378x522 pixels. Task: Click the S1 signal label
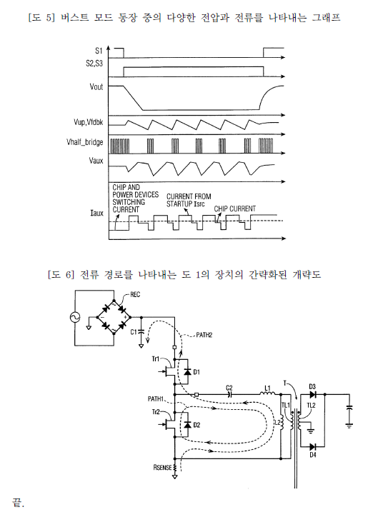pos(99,51)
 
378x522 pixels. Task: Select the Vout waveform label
pos(96,87)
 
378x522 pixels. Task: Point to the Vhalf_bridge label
pos(85,143)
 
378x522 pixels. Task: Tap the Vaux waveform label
pos(96,161)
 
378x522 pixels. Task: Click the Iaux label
pos(97,213)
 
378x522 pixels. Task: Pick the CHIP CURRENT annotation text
pos(235,209)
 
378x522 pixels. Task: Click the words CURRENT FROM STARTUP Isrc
pos(189,200)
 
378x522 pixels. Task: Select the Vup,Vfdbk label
pos(89,123)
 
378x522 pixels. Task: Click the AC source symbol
pos(75,317)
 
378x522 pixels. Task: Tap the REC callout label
pos(135,295)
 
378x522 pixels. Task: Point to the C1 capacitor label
pos(134,332)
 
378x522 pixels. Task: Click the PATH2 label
pos(204,335)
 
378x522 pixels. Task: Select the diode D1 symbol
pos(187,371)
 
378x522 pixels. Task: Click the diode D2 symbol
pos(187,424)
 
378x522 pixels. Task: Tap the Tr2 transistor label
pos(156,412)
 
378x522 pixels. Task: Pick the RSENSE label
pos(162,468)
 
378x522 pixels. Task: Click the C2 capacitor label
pos(229,388)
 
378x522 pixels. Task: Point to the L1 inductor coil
pos(268,393)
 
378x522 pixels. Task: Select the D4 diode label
pos(312,455)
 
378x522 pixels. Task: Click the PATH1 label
pos(156,398)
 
